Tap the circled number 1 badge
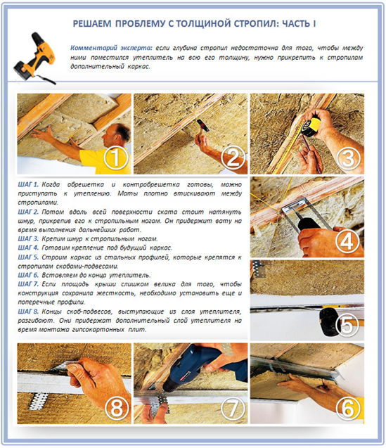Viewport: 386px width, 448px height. pos(116,158)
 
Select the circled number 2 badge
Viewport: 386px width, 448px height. pos(233,158)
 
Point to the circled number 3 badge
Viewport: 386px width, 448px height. pos(348,158)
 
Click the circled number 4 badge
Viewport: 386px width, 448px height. pos(347,242)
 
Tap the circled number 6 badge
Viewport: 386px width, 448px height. pos(348,409)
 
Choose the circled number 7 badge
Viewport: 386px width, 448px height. pos(232,409)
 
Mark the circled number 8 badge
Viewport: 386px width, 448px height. pos(116,409)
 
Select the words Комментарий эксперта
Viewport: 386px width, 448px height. pos(111,48)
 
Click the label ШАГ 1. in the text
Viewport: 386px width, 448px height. pos(28,184)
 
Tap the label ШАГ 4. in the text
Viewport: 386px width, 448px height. pos(28,248)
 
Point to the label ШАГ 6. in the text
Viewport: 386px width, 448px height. pos(28,275)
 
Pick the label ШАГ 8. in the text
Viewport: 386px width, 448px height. pos(28,312)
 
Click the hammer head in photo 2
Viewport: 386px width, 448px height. pos(203,126)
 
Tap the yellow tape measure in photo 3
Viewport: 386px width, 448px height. pos(310,125)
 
